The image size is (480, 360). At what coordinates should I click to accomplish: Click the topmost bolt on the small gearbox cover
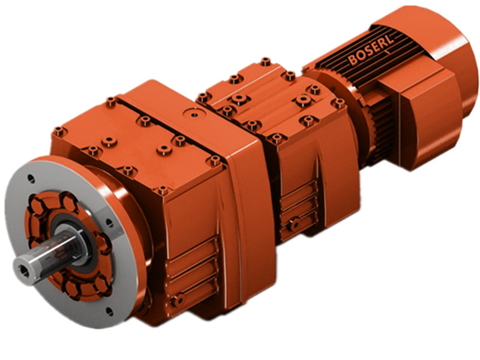tap(265, 61)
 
